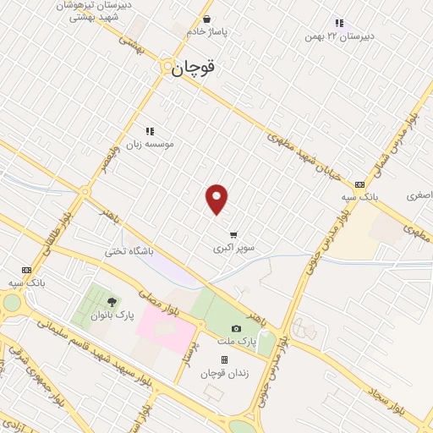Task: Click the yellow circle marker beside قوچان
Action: tap(168, 67)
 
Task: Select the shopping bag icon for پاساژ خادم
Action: tap(207, 19)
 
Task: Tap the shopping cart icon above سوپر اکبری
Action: tap(233, 235)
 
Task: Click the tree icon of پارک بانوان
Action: tap(112, 301)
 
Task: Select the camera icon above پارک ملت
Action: tap(236, 328)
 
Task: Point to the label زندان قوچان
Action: tap(224, 373)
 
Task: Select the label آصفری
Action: tap(419, 195)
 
